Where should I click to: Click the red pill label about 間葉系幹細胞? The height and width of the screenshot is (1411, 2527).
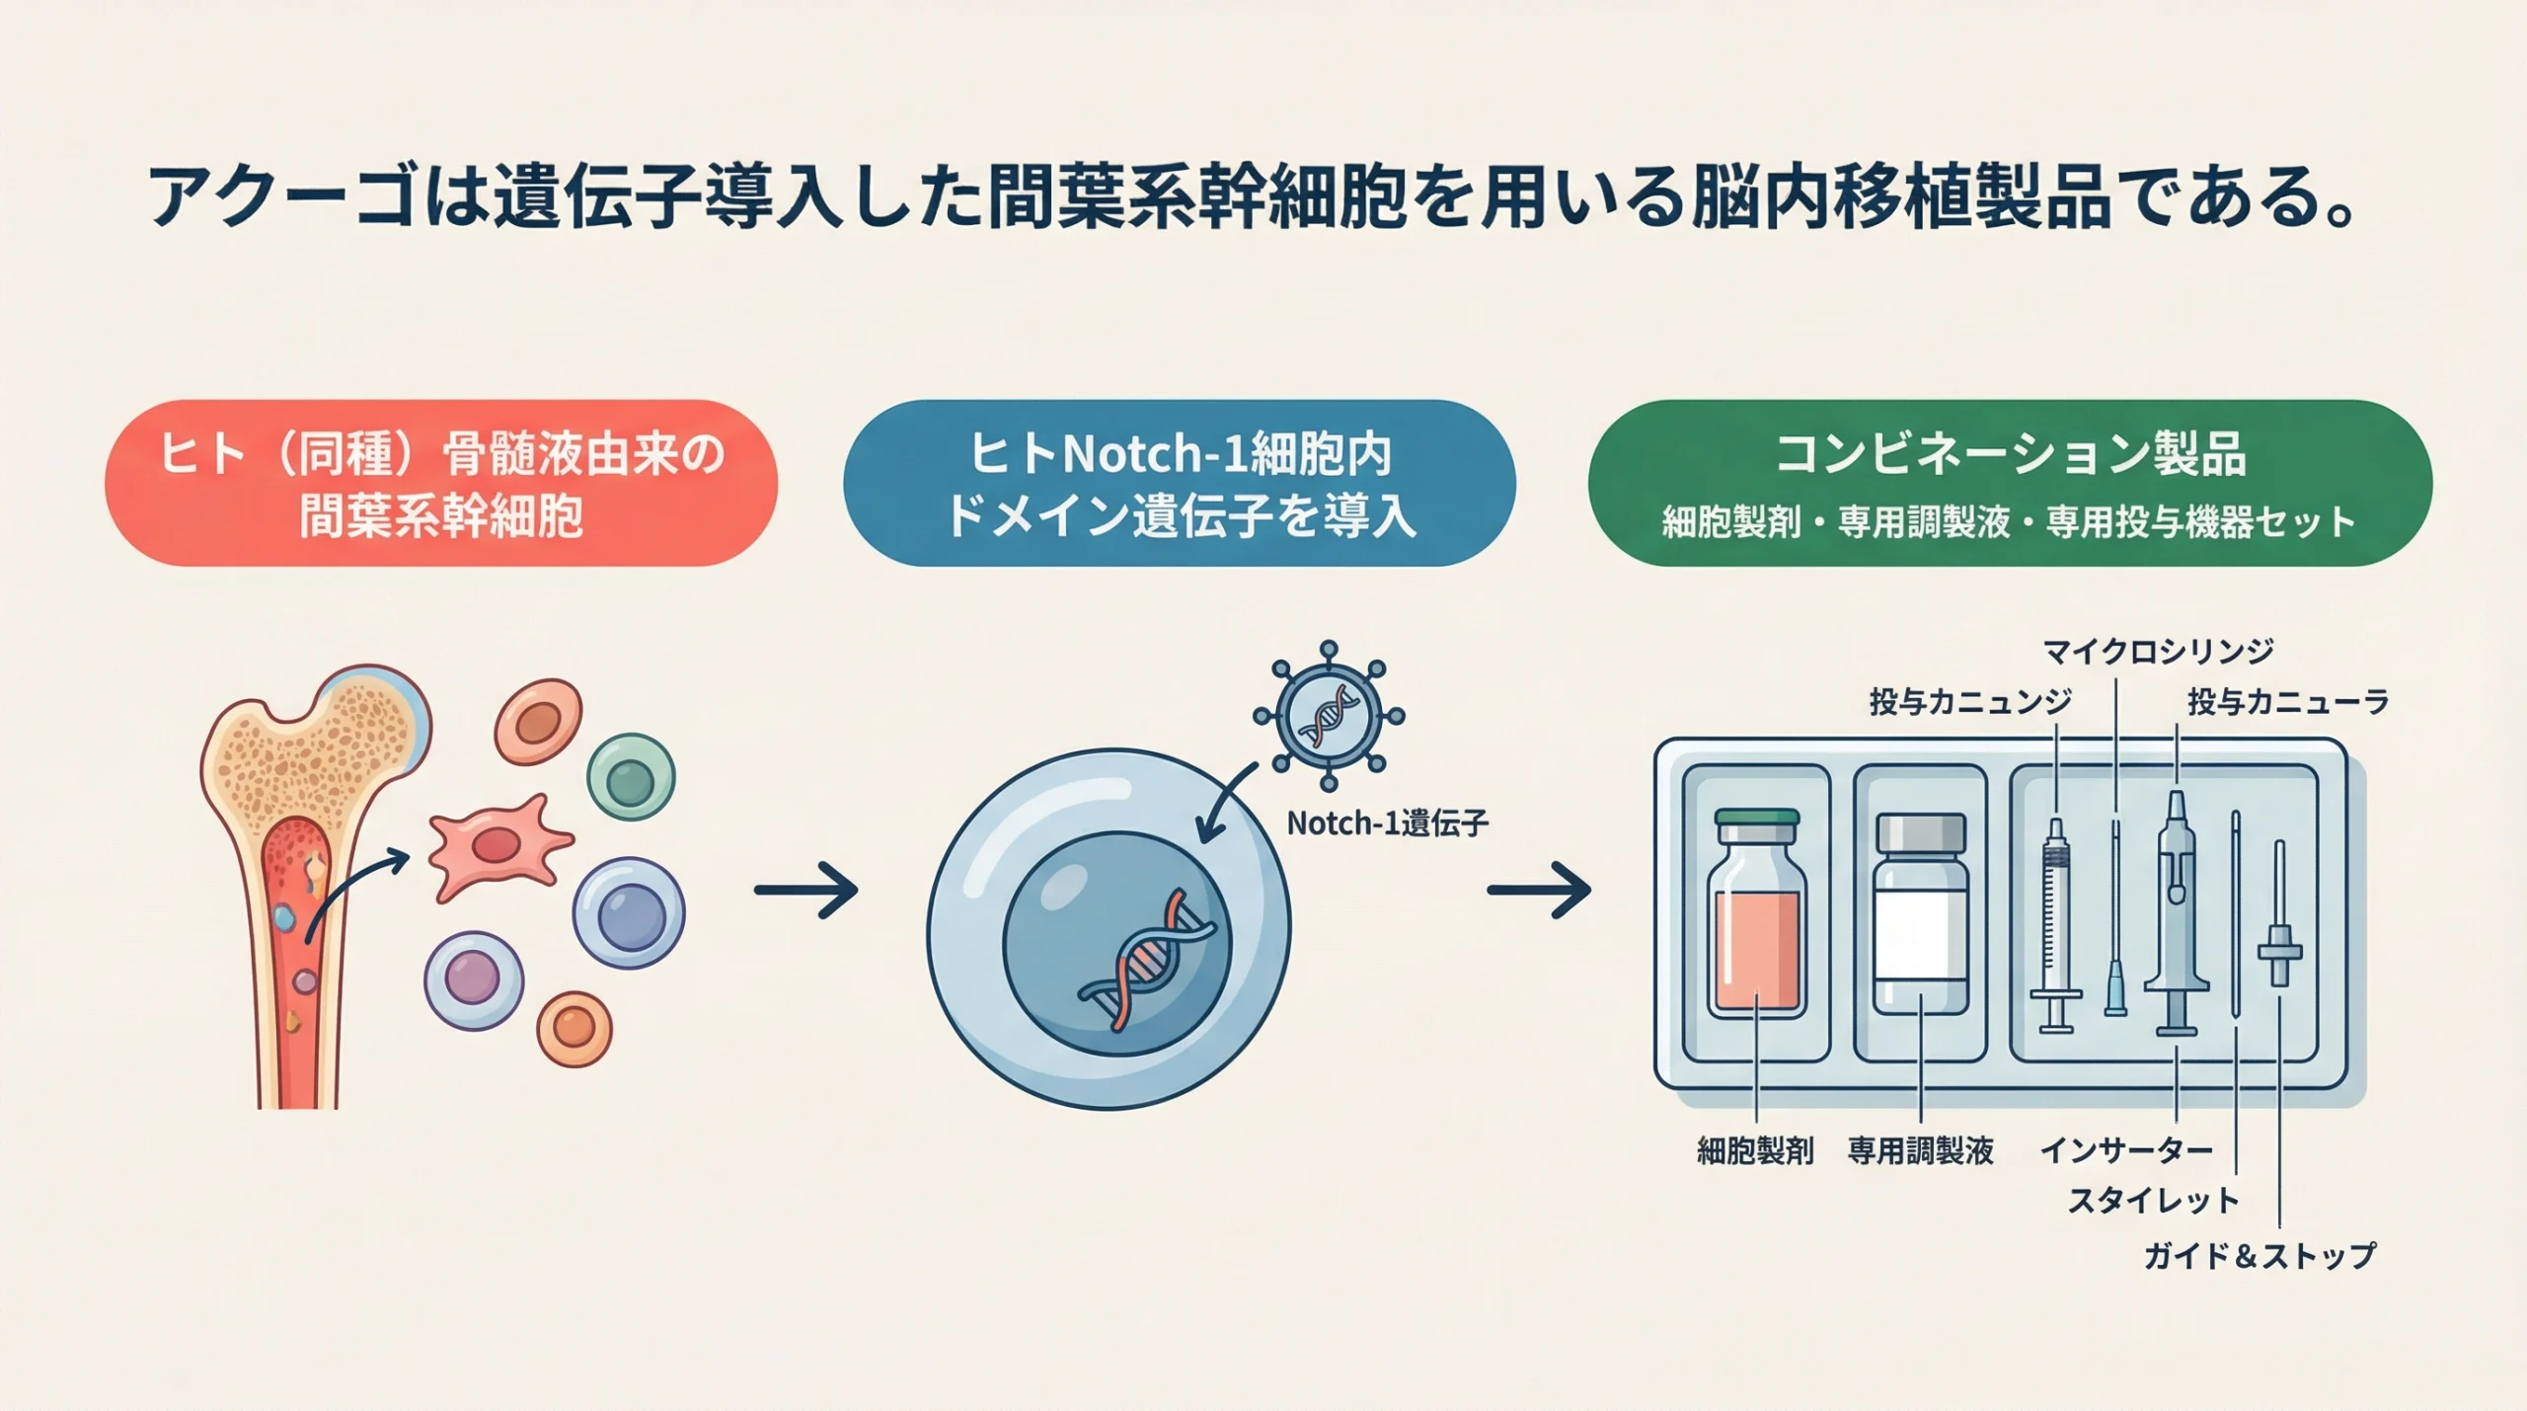(441, 483)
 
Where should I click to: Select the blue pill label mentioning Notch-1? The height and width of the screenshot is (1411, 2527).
(1179, 483)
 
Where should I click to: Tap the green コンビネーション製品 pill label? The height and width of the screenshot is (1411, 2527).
(2010, 483)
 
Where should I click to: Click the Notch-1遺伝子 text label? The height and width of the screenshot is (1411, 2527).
(1387, 823)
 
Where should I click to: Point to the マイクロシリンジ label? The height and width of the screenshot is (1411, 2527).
(2158, 652)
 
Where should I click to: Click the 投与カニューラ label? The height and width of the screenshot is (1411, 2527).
(2288, 702)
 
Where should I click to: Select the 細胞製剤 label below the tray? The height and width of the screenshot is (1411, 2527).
(1755, 1150)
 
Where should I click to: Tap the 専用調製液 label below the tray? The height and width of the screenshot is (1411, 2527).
(1920, 1150)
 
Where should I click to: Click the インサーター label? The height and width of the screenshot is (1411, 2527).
(2125, 1150)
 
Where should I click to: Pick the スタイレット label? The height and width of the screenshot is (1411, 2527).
(2152, 1201)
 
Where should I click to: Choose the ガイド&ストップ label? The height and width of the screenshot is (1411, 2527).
(2259, 1256)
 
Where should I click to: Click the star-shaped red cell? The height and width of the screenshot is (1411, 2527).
(497, 846)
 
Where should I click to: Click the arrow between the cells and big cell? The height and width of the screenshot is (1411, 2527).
(805, 891)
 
